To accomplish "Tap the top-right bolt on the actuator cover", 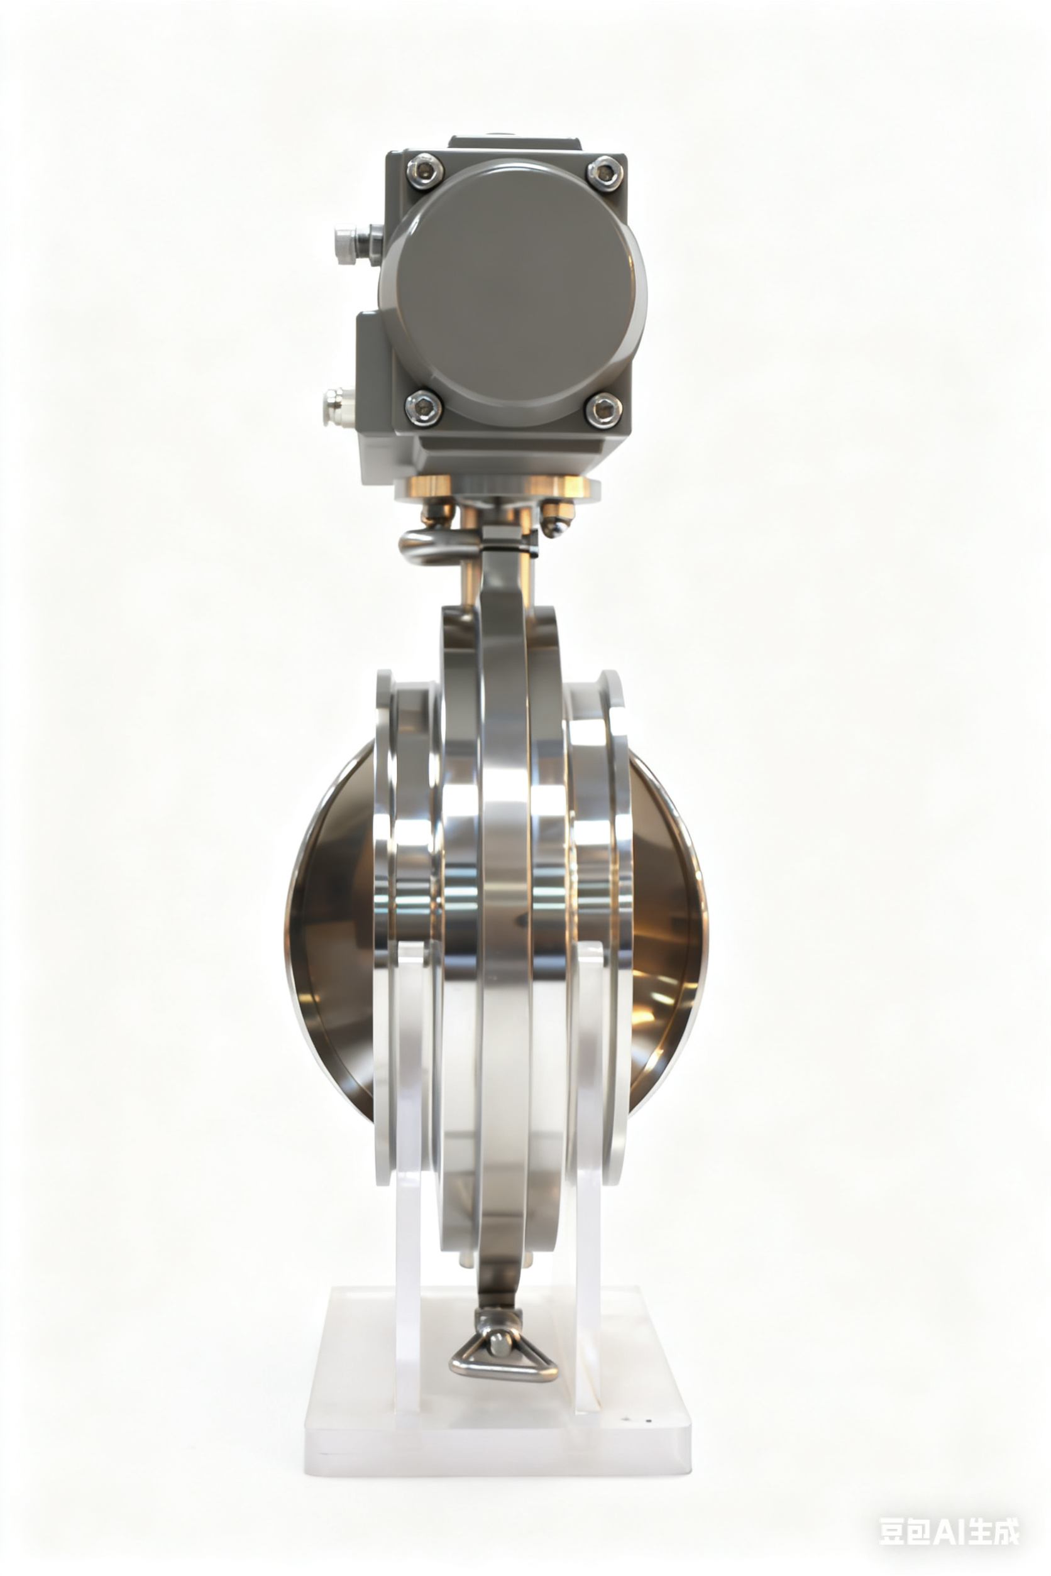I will click(605, 173).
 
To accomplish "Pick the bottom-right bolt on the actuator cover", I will click(603, 410).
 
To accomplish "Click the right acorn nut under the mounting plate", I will click(556, 519).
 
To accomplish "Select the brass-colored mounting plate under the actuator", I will click(496, 488).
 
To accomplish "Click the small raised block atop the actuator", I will click(515, 143).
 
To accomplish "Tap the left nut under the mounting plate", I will click(436, 514).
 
